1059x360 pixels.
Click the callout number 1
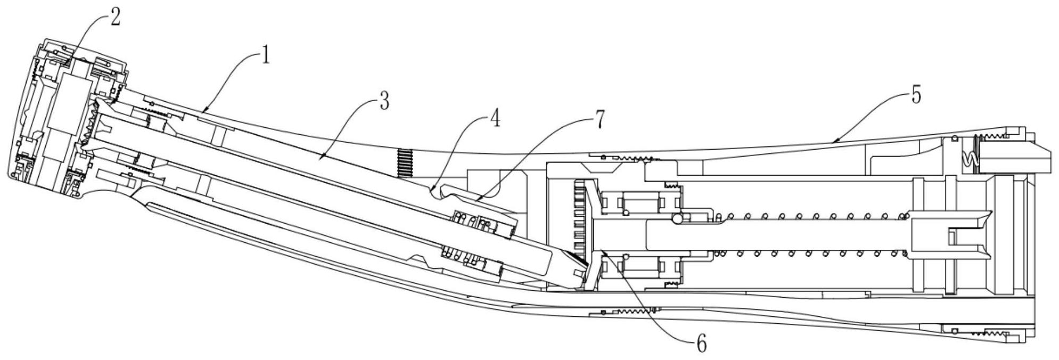265,56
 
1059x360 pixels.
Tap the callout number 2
115,17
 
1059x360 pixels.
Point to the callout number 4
495,119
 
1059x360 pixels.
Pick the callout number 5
916,95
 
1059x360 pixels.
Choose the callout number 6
702,344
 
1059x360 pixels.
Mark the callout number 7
600,119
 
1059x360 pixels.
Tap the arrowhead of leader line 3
321,157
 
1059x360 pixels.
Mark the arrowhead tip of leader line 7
475,201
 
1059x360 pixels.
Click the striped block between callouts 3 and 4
406,162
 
